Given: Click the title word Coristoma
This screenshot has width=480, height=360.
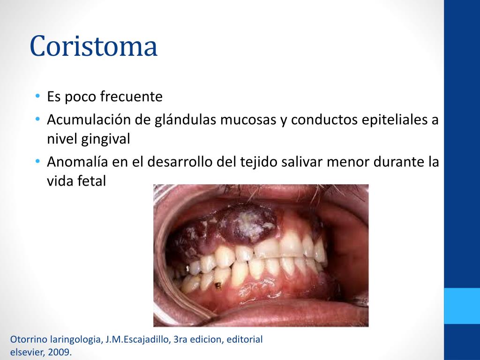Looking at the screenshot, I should [x=93, y=46].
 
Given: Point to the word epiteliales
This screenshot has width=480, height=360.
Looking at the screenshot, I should [x=395, y=120].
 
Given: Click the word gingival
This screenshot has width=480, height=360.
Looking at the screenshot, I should [x=106, y=139].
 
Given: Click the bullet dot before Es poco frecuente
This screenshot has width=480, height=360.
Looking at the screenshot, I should [x=37, y=97].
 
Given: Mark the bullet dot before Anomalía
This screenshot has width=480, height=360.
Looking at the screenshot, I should [x=37, y=162].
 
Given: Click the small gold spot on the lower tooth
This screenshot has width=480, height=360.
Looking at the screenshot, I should [x=218, y=285].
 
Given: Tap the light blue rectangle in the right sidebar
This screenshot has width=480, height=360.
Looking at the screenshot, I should [x=462, y=306].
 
